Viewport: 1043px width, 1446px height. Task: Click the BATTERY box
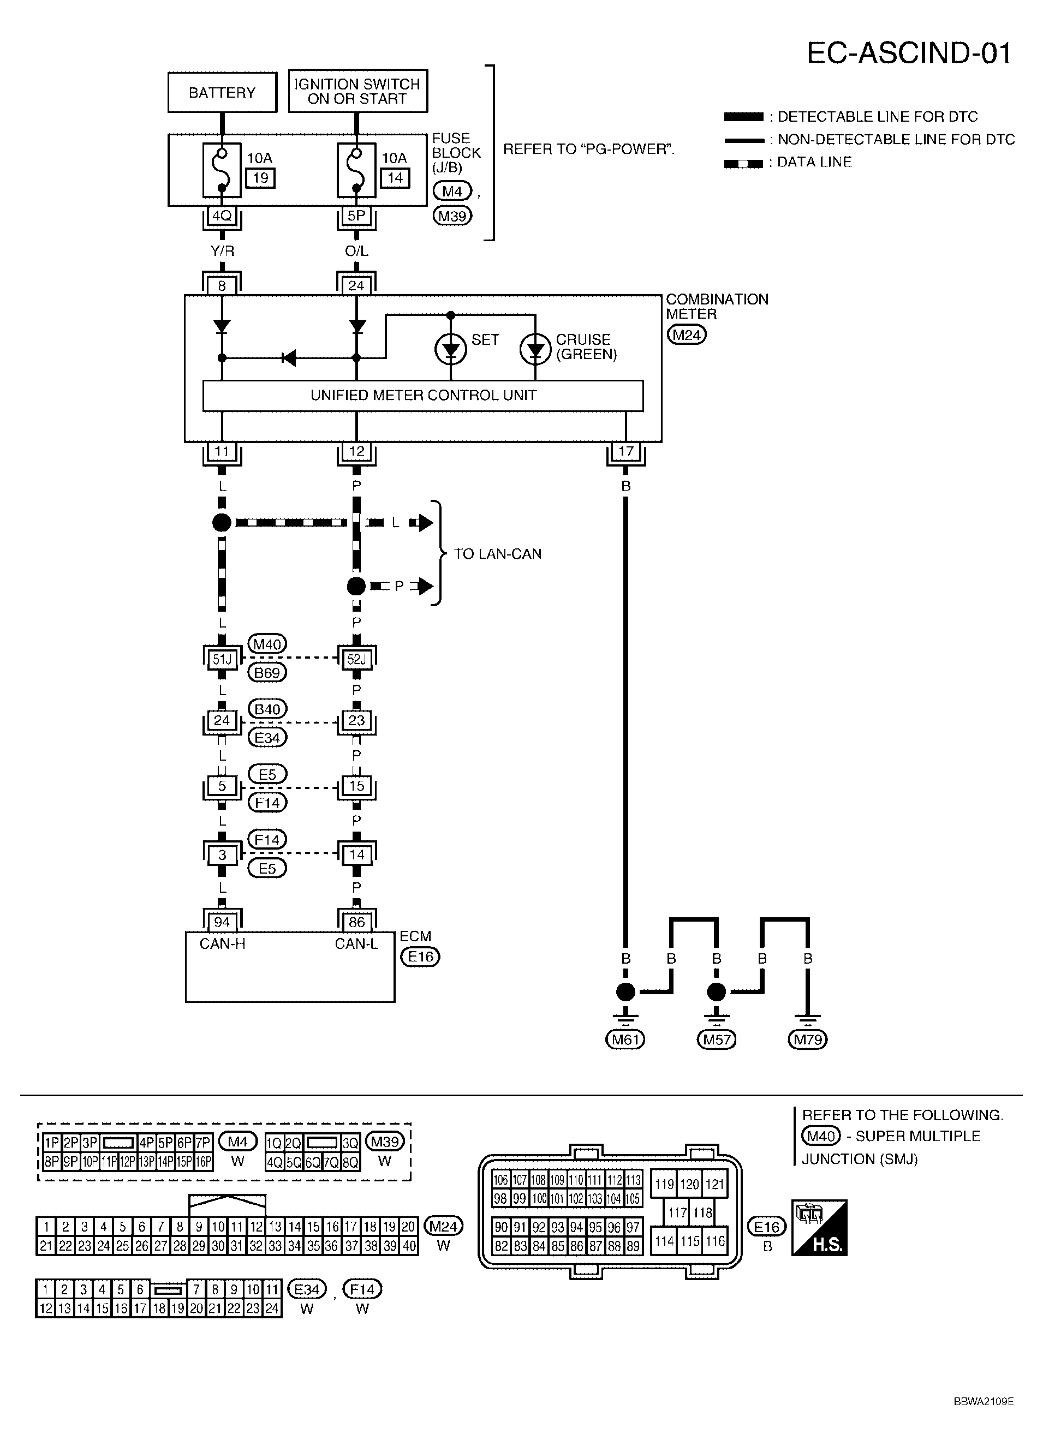222,92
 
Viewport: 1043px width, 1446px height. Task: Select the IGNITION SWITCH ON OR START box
357,91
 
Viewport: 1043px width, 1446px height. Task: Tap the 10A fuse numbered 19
222,170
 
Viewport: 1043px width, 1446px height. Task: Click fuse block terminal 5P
356,216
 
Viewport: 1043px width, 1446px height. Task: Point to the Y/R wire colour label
222,251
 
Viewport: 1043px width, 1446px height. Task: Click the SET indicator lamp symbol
451,349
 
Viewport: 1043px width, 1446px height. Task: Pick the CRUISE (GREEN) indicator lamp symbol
535,349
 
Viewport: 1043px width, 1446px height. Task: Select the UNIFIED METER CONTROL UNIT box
422,395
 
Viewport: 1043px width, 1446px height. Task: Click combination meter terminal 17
625,451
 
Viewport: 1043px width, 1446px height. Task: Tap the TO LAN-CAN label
497,553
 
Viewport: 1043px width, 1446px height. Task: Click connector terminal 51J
222,659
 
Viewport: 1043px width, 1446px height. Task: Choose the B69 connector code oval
267,673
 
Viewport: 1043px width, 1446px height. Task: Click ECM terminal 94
222,922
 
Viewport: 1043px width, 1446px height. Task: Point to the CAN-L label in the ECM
356,943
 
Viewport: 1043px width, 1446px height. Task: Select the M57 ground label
716,1040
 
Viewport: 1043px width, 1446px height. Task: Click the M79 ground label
807,1040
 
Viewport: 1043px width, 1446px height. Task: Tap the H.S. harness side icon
819,1228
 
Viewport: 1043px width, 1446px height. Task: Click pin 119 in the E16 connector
664,1184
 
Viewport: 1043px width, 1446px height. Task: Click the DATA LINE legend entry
813,162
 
